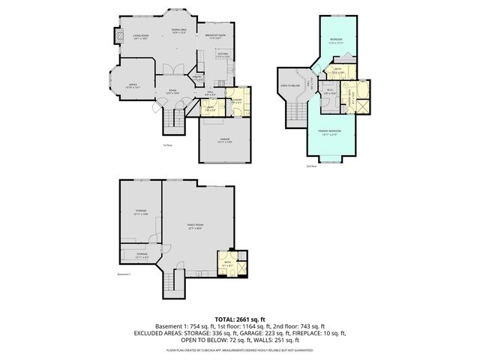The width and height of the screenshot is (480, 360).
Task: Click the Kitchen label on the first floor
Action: click(x=222, y=55)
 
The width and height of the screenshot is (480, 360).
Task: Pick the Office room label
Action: click(x=131, y=85)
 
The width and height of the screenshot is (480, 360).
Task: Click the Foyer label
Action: click(x=172, y=92)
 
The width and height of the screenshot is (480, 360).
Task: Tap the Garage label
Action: click(x=225, y=140)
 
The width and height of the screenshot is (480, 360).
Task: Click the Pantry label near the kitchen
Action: click(x=199, y=77)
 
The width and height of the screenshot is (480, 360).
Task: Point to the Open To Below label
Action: click(x=290, y=85)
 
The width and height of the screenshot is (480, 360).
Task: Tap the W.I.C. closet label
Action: click(x=329, y=92)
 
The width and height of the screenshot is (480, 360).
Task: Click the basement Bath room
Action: click(x=228, y=263)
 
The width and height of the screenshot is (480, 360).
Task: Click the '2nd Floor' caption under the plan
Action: click(x=311, y=166)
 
